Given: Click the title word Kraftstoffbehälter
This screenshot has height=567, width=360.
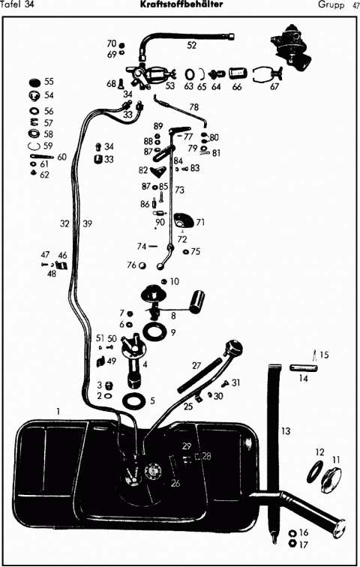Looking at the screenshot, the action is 181,4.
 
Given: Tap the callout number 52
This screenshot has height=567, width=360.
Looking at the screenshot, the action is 191,45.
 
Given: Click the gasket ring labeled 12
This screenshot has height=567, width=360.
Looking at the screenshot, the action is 315,472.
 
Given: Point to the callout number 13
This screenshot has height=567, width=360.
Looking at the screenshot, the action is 286,431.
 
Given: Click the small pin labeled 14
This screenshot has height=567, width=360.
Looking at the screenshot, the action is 304,368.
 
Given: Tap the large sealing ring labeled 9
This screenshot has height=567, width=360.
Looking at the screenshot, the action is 154,332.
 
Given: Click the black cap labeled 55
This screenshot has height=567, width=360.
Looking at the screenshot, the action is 34,82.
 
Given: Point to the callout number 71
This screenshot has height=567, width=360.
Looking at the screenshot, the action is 200,222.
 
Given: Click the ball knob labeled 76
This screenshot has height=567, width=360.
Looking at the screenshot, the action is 142,265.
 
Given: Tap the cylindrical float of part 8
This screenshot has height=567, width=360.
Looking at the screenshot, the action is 197,301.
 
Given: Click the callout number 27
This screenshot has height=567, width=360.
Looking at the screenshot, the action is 196,365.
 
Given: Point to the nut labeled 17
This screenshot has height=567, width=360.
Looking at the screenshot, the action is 292,544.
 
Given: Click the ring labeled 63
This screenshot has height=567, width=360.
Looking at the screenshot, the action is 190,74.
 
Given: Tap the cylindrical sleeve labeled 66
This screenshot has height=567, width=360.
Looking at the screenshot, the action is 236,73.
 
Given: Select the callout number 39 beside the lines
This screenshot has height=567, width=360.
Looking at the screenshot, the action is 87,223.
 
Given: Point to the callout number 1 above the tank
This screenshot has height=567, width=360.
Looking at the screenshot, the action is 58,411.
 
